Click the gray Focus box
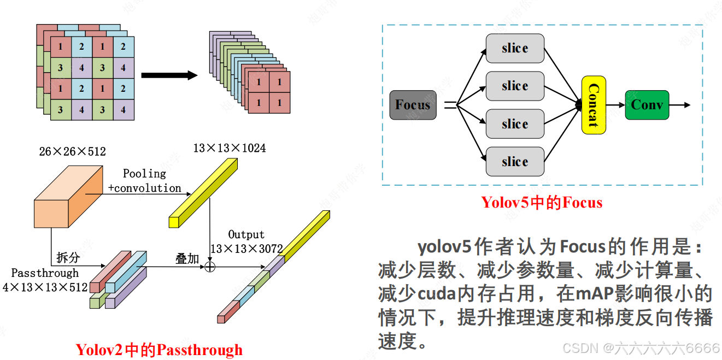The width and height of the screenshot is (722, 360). (x=413, y=105)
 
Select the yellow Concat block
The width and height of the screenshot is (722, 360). (x=594, y=105)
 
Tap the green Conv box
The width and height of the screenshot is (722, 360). (x=647, y=105)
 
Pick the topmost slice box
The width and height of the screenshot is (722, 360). (x=515, y=48)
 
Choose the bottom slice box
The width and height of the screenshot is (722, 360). (x=515, y=162)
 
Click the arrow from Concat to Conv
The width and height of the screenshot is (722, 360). (x=615, y=105)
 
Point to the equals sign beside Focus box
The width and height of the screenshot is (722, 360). (x=450, y=105)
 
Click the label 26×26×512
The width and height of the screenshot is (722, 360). (x=72, y=151)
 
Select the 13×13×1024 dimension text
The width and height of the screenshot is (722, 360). (x=230, y=148)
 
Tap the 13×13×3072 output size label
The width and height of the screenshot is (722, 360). (x=246, y=249)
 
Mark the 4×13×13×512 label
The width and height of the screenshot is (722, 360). (x=45, y=287)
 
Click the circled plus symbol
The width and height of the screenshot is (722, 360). (x=210, y=266)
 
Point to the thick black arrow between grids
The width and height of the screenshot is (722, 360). (x=169, y=75)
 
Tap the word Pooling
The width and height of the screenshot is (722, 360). (x=144, y=174)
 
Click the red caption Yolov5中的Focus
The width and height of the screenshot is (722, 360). (x=542, y=203)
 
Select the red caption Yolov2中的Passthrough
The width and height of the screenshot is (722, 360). (x=159, y=350)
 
